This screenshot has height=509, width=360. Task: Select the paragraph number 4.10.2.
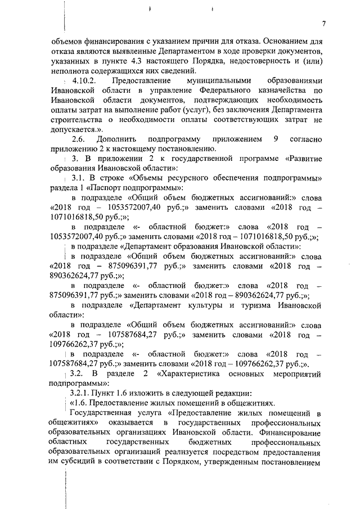point(84,81)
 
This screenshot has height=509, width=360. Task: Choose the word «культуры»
point(211,305)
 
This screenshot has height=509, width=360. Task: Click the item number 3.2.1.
point(80,393)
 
